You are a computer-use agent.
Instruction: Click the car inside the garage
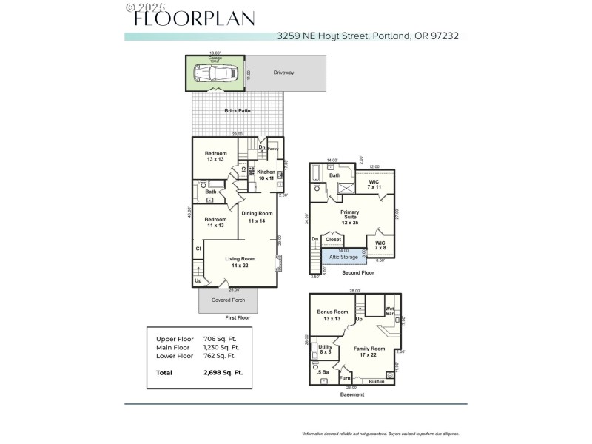[215, 74]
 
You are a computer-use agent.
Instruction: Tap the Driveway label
[283, 73]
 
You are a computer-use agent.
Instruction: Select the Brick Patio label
[237, 111]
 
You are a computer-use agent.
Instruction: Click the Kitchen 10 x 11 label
[266, 175]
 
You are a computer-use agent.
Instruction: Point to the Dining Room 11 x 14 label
[258, 217]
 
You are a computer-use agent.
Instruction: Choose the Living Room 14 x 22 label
[240, 262]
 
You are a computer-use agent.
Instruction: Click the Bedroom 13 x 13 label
[216, 156]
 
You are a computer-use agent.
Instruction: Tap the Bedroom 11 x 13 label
[215, 222]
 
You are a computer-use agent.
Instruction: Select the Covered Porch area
[228, 300]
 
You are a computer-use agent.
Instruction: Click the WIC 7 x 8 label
[380, 246]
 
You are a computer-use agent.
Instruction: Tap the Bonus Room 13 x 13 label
[332, 315]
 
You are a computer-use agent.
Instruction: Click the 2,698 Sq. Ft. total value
[223, 373]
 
